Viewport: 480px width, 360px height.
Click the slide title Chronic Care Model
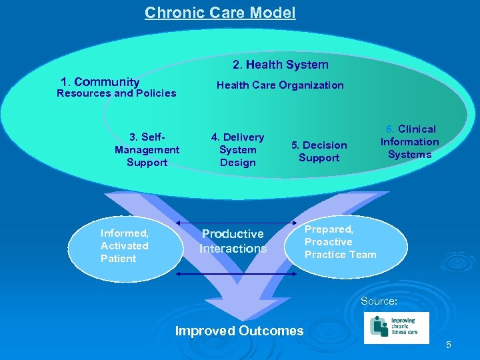pos(220,13)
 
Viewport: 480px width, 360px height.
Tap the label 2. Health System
pos(280,65)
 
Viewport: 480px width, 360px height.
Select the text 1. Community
pos(100,82)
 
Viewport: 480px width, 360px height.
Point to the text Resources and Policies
pos(117,93)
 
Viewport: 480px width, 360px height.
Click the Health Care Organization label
pos(280,85)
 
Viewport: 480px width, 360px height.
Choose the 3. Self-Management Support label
pos(147,149)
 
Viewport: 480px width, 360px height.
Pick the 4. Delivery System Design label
pos(237,149)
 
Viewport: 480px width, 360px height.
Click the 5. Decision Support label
pos(319,151)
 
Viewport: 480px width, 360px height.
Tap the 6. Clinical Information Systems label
pos(409,141)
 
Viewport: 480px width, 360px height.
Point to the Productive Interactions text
pos(233,241)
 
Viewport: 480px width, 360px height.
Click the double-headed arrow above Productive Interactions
pos(237,222)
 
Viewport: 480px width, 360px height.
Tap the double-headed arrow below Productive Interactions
pos(237,273)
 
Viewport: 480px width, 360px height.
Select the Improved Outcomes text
pos(239,331)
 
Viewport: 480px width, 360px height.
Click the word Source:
pos(379,301)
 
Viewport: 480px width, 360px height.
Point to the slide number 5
pos(449,345)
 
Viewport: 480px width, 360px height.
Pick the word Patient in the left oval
pos(118,259)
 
